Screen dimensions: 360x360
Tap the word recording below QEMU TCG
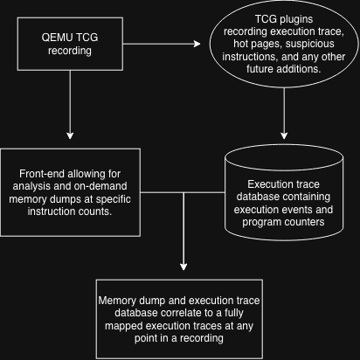70,51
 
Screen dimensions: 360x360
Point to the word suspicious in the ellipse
310,44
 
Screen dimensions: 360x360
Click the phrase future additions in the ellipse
284,69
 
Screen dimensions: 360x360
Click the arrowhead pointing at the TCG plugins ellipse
197,44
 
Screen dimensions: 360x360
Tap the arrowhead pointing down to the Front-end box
70,135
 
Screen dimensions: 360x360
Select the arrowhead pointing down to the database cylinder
284,135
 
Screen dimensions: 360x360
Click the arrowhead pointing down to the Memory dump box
183,267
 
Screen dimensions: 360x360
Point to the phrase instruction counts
70,211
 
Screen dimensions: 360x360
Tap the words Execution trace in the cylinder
283,184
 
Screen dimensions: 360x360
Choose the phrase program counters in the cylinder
283,222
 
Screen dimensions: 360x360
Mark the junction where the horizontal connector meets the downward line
183,192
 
